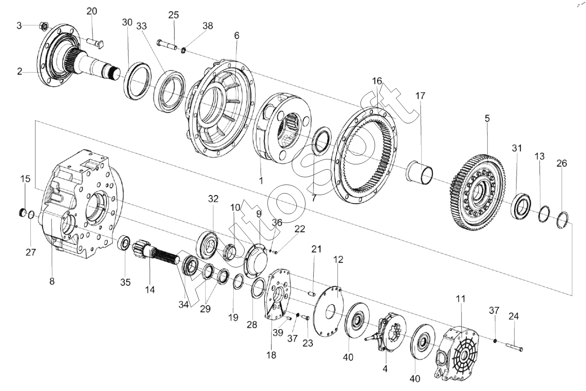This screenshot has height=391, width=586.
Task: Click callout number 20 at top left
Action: (x=92, y=11)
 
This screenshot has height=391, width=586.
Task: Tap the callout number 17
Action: (x=420, y=96)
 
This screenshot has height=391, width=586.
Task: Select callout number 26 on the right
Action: (x=562, y=163)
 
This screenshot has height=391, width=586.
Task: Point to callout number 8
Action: (x=52, y=281)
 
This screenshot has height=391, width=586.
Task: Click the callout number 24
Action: (x=514, y=316)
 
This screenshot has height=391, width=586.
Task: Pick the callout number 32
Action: (x=213, y=199)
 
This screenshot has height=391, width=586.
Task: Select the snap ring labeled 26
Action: (x=561, y=220)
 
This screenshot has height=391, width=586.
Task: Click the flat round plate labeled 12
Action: (x=329, y=312)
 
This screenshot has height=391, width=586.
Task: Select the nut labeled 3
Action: (x=43, y=26)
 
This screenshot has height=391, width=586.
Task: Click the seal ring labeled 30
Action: (x=137, y=81)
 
